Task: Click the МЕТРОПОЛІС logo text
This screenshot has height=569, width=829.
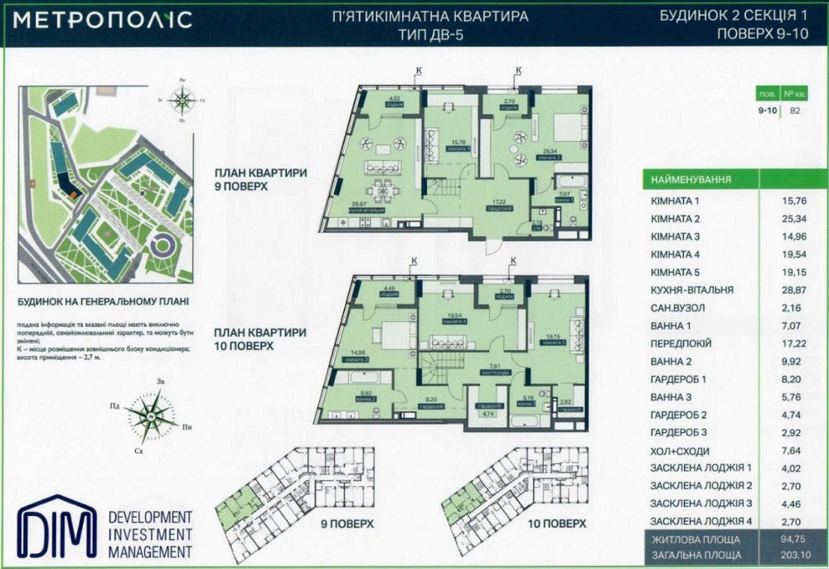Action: pyautogui.click(x=102, y=20)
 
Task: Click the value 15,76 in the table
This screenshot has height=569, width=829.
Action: pyautogui.click(x=793, y=201)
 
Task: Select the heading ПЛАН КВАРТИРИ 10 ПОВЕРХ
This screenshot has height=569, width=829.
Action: pyautogui.click(x=261, y=338)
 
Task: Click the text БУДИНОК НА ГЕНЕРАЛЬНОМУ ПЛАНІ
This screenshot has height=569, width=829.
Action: pyautogui.click(x=103, y=302)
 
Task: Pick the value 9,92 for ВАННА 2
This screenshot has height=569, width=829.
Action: pyautogui.click(x=793, y=361)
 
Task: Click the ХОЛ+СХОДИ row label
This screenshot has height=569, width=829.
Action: pyautogui.click(x=681, y=450)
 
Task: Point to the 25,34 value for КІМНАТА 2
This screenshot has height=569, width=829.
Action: pyautogui.click(x=793, y=218)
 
